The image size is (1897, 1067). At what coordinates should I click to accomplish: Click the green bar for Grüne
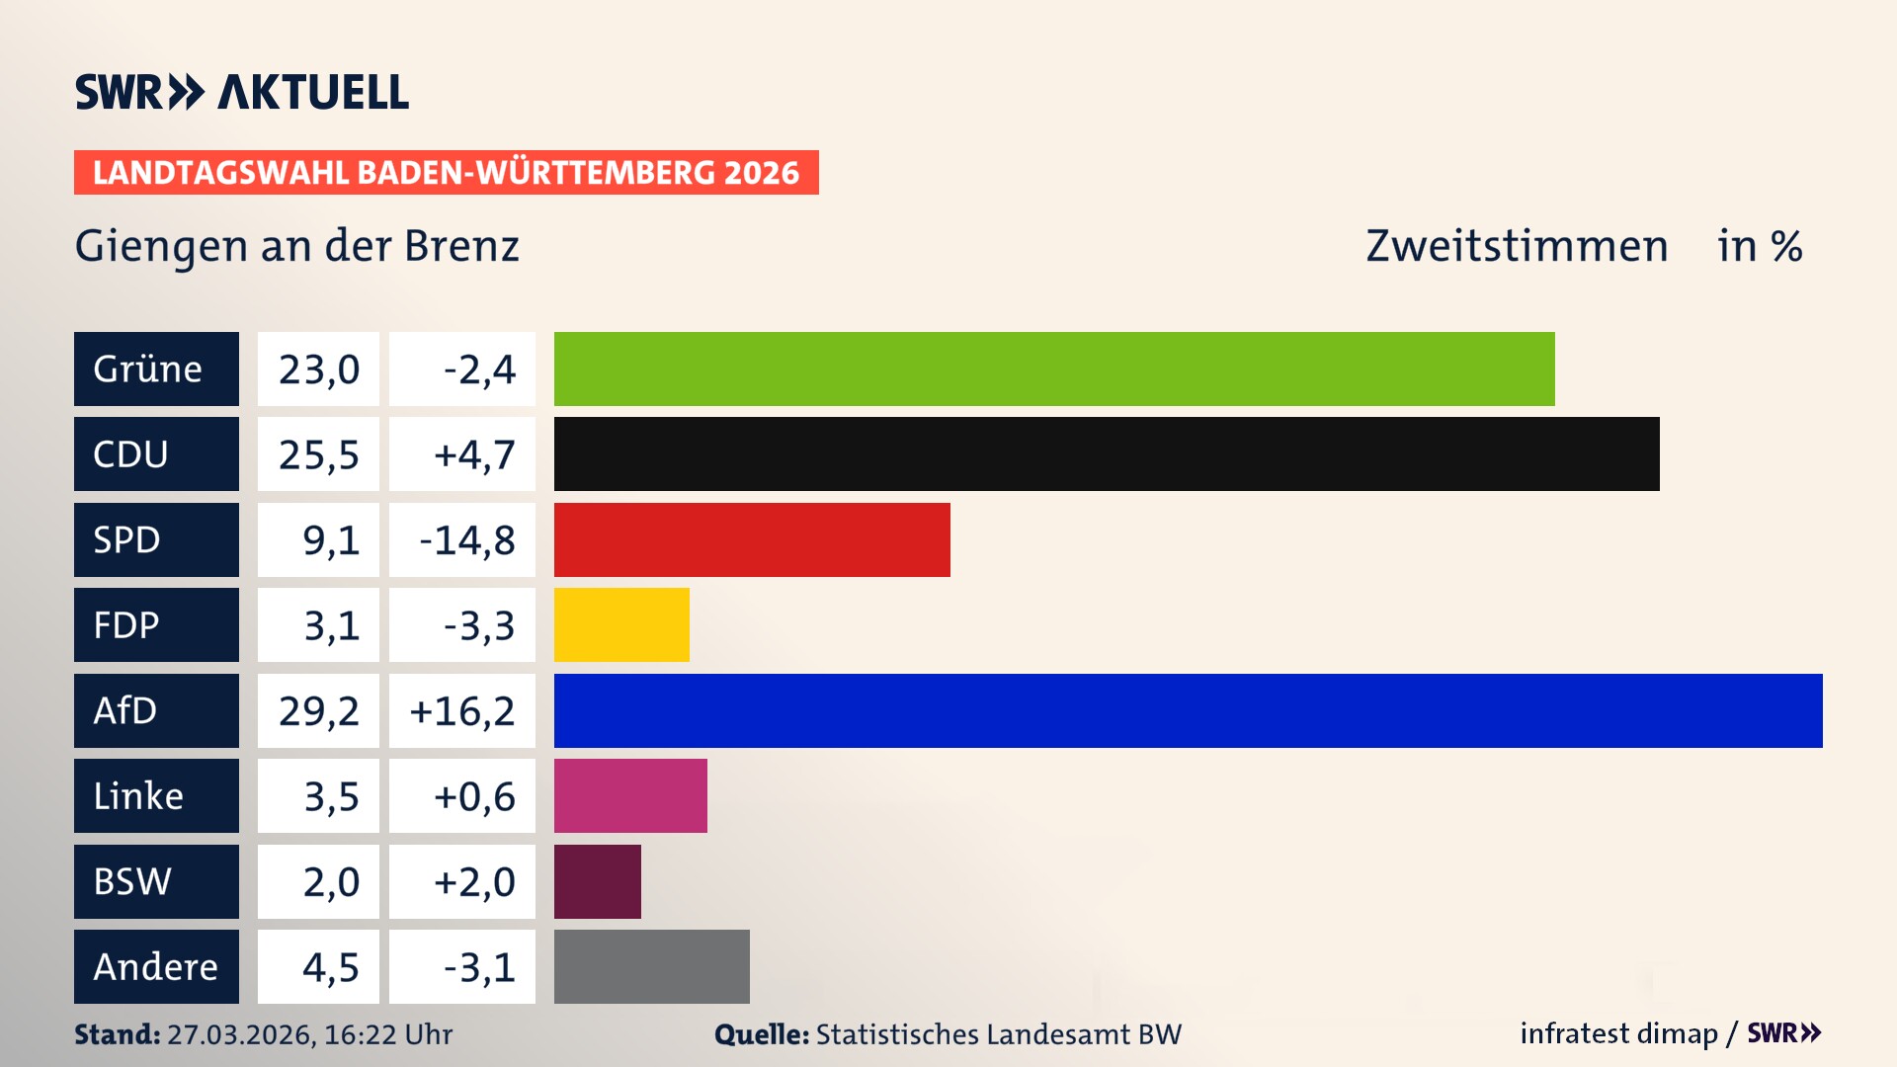tap(1053, 369)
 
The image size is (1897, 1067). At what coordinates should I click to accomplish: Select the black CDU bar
tap(1107, 454)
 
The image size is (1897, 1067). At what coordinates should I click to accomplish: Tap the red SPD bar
tap(751, 539)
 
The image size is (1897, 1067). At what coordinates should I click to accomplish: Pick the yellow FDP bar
tap(620, 624)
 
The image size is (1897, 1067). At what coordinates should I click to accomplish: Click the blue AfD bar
tap(1188, 710)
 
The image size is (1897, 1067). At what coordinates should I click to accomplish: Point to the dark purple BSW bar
tap(597, 881)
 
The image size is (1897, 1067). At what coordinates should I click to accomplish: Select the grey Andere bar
tap(651, 966)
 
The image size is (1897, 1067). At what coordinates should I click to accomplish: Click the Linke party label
tap(156, 795)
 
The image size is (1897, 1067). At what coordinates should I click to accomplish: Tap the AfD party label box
tap(156, 710)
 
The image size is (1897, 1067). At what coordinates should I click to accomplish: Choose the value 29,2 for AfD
tap(318, 710)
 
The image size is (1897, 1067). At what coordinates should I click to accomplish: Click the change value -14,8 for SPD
tap(462, 539)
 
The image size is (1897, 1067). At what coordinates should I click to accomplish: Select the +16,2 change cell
tap(462, 710)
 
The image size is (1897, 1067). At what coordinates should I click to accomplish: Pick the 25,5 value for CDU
tap(318, 454)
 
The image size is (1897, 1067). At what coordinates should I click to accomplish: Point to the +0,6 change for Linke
tap(462, 795)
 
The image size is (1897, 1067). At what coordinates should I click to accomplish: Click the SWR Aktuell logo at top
tap(241, 92)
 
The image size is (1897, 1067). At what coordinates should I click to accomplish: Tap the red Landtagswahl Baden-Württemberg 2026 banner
tap(446, 172)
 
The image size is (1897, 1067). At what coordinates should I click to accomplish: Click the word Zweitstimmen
tap(1516, 246)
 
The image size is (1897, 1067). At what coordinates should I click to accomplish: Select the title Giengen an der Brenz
tap(296, 246)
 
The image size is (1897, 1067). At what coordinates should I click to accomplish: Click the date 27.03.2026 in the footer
tap(240, 1034)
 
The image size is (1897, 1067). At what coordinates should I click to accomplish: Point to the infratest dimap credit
tap(1617, 1033)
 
